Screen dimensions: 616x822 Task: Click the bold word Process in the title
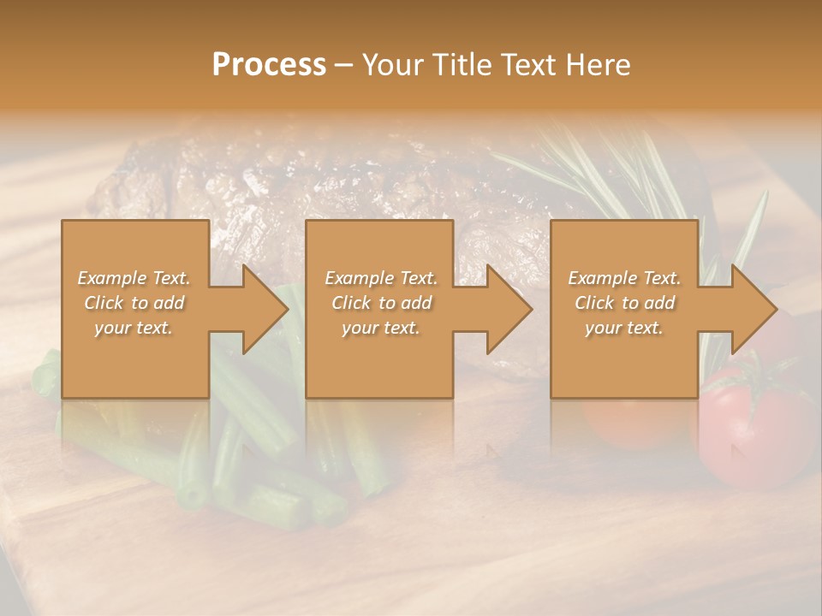point(269,65)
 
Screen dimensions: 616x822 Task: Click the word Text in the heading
point(529,65)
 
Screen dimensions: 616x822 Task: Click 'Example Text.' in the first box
point(134,278)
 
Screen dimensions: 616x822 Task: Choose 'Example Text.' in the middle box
point(381,278)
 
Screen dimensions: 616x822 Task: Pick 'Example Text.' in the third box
point(624,278)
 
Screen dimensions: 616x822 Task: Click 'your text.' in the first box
point(134,328)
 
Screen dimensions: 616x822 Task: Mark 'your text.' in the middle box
point(381,328)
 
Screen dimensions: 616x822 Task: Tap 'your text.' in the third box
point(624,328)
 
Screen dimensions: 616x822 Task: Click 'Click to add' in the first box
point(134,303)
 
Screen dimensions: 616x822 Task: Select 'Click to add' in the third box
point(624,303)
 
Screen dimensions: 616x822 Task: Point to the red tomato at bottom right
point(745,428)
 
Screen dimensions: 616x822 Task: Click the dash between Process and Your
point(344,66)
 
